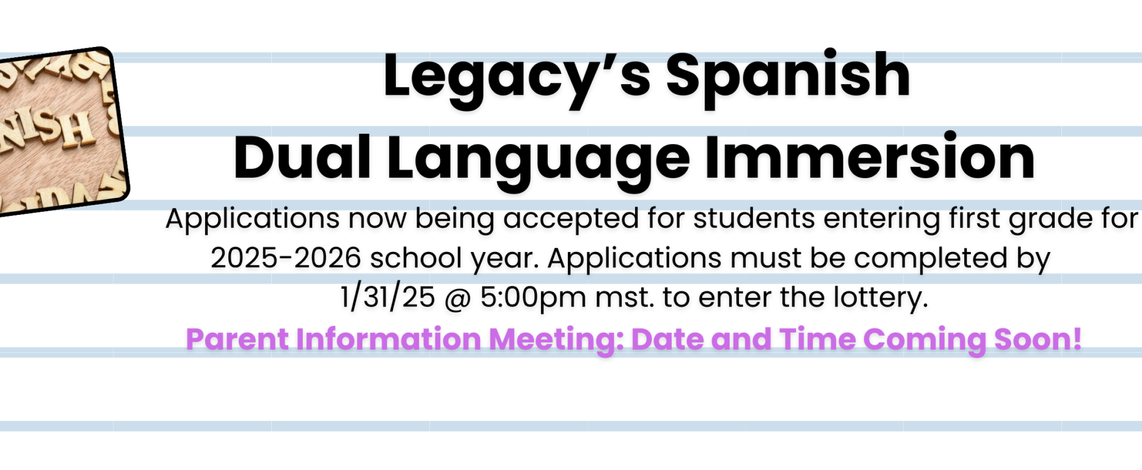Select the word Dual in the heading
pos(302,157)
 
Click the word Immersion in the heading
pos(870,156)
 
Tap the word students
pos(754,218)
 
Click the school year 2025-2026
pos(286,258)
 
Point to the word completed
pos(930,259)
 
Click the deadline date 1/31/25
pos(388,298)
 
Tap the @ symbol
pos(457,298)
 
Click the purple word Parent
pos(237,339)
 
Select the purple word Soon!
pos(1038,339)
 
